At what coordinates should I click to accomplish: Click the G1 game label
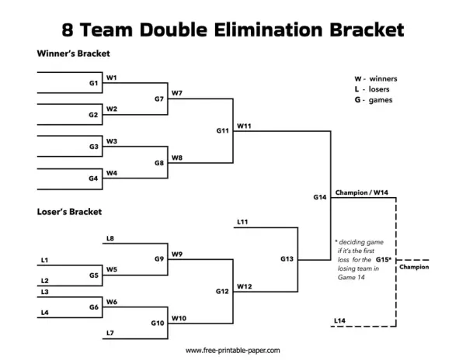tap(93, 82)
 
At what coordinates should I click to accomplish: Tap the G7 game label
tap(159, 99)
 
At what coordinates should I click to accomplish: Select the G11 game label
tap(222, 130)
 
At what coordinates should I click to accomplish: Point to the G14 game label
tap(320, 197)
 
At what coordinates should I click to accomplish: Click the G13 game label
tap(287, 258)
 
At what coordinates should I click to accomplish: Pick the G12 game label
tap(222, 291)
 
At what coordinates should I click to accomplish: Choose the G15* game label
tap(384, 259)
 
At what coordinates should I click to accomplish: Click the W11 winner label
tap(244, 125)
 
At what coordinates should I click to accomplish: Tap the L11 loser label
tap(242, 222)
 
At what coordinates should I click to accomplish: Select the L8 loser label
tap(110, 238)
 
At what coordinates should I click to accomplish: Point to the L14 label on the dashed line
tap(339, 320)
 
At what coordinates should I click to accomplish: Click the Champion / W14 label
tap(362, 192)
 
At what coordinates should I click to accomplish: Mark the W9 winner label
tap(177, 254)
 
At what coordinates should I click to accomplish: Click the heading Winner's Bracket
tap(73, 54)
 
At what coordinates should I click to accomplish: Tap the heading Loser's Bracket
tap(69, 211)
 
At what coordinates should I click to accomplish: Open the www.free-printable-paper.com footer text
tap(233, 351)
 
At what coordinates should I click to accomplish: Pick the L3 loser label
tap(44, 292)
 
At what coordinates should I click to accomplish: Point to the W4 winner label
tap(112, 173)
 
